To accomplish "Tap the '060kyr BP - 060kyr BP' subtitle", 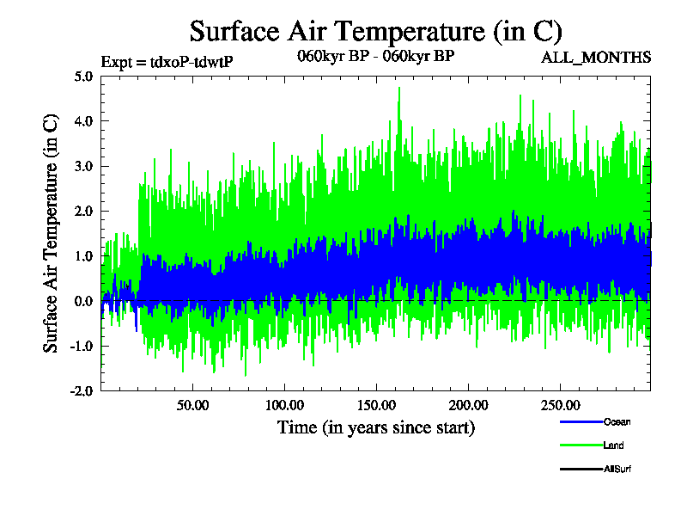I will coord(369,57).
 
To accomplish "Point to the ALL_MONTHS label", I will coord(595,58).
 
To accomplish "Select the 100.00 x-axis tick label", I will coord(284,405).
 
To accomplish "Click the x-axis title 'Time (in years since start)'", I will coord(375,427).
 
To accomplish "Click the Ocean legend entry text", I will coord(617,421).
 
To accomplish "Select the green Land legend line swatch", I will coord(581,445).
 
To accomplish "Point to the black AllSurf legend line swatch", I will coord(581,469).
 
